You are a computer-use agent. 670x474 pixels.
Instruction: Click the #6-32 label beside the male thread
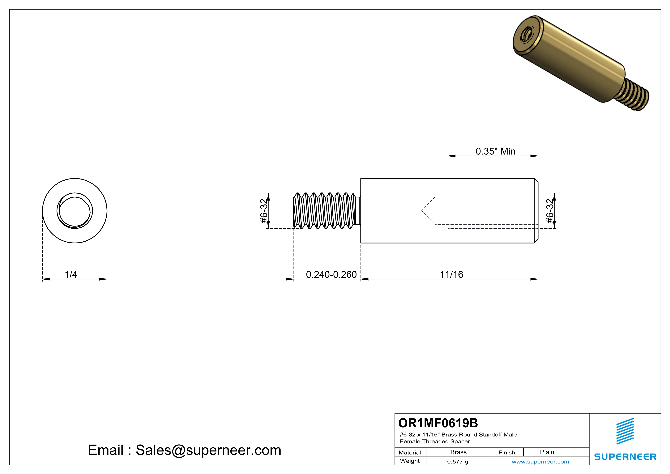coord(263,211)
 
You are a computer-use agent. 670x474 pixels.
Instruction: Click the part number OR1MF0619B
coord(438,423)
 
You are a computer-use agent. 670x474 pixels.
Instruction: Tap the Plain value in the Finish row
coord(547,452)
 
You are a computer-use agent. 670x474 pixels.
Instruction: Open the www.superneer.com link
coord(540,461)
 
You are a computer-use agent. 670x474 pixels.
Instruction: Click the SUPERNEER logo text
coord(625,457)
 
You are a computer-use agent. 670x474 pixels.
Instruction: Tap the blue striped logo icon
coord(625,431)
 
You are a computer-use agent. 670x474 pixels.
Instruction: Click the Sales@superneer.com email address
coord(208,450)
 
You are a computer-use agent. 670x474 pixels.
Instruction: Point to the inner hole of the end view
coord(75,211)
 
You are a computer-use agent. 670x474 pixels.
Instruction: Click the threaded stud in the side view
coord(325,211)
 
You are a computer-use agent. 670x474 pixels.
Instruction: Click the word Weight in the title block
coord(410,461)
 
